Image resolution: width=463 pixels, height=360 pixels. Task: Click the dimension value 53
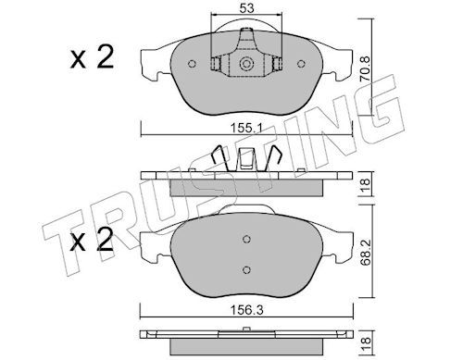(246, 8)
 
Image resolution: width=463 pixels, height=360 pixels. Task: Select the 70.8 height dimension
(366, 68)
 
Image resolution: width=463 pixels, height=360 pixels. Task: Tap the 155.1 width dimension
(246, 128)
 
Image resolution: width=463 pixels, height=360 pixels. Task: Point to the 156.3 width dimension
(247, 310)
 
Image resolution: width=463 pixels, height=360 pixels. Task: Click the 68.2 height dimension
(366, 253)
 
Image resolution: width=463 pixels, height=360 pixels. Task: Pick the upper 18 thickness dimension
(366, 184)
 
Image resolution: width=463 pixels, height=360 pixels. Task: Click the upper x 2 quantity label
(92, 57)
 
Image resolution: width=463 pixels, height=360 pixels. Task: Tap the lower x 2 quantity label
(92, 240)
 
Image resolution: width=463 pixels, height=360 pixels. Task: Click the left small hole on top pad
(192, 64)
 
